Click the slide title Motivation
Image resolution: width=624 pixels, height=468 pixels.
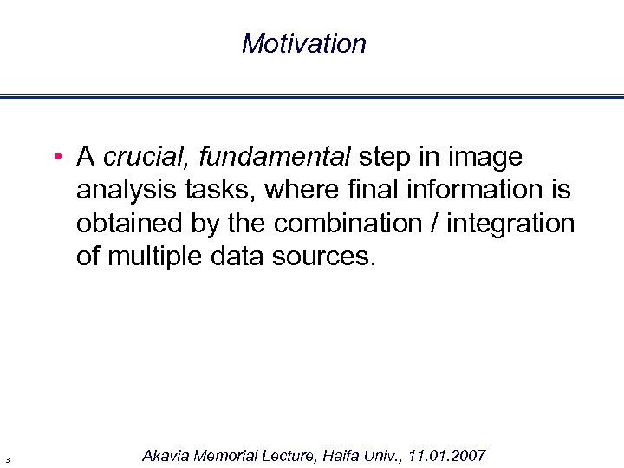click(304, 43)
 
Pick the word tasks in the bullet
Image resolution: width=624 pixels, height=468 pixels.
click(205, 191)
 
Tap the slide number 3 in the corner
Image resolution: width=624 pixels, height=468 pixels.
click(7, 458)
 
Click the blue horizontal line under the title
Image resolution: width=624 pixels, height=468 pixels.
click(312, 96)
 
